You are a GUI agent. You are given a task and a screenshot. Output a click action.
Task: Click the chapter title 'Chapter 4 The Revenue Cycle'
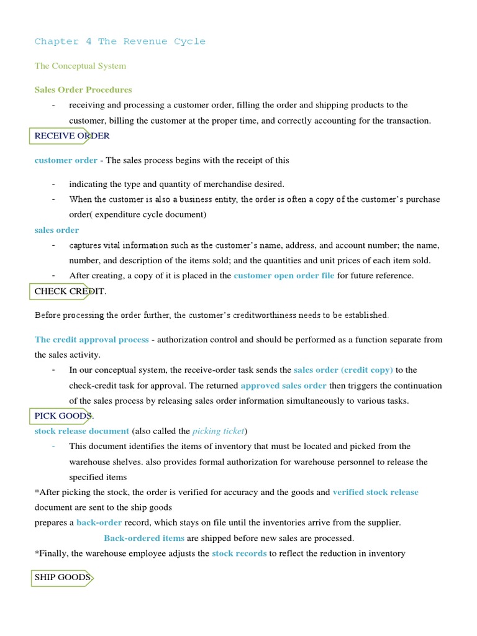point(120,42)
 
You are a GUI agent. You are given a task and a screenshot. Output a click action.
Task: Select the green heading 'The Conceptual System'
point(80,66)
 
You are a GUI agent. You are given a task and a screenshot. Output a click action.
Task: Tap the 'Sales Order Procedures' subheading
point(83,89)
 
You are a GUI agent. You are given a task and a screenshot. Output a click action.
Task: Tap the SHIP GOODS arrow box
point(62,578)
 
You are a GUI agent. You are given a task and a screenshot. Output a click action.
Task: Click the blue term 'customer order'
point(66,160)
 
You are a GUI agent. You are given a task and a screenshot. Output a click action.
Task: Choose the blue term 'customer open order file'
point(284,275)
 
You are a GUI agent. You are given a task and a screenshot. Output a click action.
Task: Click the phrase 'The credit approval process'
point(92,340)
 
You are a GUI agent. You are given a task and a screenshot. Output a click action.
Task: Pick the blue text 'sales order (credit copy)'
point(343,370)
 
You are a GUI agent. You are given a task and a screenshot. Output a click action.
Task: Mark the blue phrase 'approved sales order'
point(283,386)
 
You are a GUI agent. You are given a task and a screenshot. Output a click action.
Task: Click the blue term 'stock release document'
point(82,431)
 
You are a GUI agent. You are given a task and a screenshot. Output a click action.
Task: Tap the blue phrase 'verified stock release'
point(375,492)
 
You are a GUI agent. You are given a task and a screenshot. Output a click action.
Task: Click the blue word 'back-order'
point(99,523)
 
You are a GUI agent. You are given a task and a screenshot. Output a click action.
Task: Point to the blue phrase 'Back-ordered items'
point(144,538)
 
